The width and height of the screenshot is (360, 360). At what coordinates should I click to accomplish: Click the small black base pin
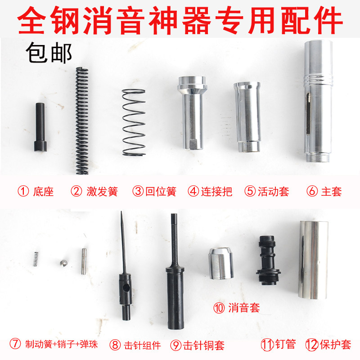pos(40,129)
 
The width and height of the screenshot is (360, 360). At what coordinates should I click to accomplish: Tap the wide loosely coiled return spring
pos(134,122)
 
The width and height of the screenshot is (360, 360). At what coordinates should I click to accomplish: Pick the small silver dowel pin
pos(84,261)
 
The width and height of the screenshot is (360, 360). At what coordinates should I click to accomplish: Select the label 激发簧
pos(102,192)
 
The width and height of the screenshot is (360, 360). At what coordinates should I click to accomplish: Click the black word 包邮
pos(49,54)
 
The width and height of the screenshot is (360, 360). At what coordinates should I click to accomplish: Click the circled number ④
pos(193,192)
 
